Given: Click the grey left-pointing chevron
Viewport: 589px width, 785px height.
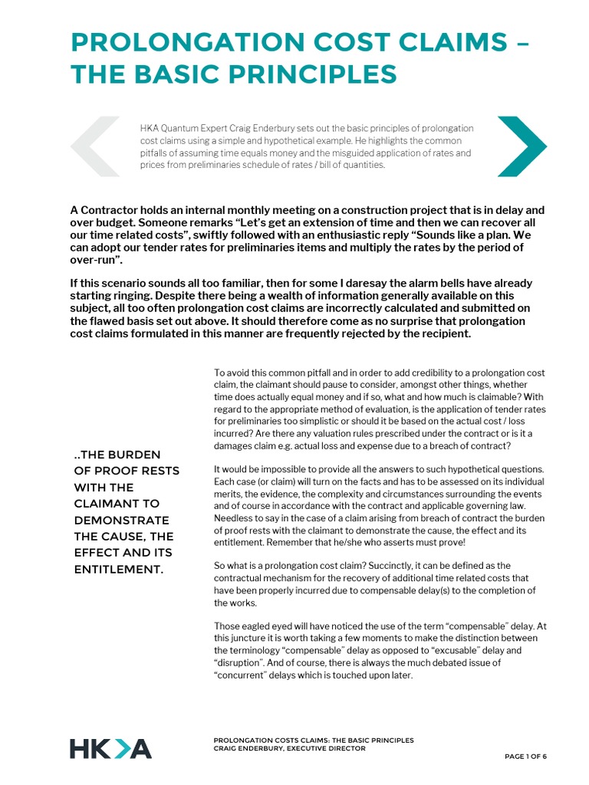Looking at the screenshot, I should click(x=95, y=146).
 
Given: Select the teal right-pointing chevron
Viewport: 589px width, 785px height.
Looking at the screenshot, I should click(x=522, y=146).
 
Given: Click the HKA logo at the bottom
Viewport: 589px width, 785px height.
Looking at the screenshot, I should click(x=110, y=749).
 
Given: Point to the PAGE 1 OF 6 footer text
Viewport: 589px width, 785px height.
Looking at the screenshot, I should click(x=525, y=757).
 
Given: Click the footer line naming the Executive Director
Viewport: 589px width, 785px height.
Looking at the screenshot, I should click(x=289, y=748).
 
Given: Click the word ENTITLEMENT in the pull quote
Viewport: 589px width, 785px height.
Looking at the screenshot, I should click(x=118, y=569).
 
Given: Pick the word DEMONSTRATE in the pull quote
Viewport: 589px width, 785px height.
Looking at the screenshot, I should click(x=122, y=521).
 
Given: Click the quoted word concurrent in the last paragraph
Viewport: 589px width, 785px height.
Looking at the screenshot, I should click(x=247, y=675).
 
